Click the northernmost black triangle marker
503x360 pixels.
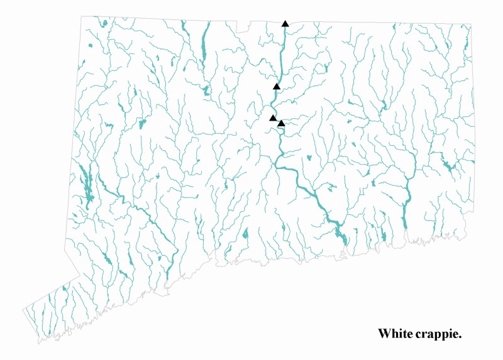click(285, 24)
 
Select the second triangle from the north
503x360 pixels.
click(276, 86)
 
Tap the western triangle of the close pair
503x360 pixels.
click(273, 117)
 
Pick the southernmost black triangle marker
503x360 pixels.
click(281, 123)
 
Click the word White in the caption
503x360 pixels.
click(395, 334)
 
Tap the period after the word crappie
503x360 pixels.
click(461, 337)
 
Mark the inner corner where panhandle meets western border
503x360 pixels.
click(80, 275)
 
